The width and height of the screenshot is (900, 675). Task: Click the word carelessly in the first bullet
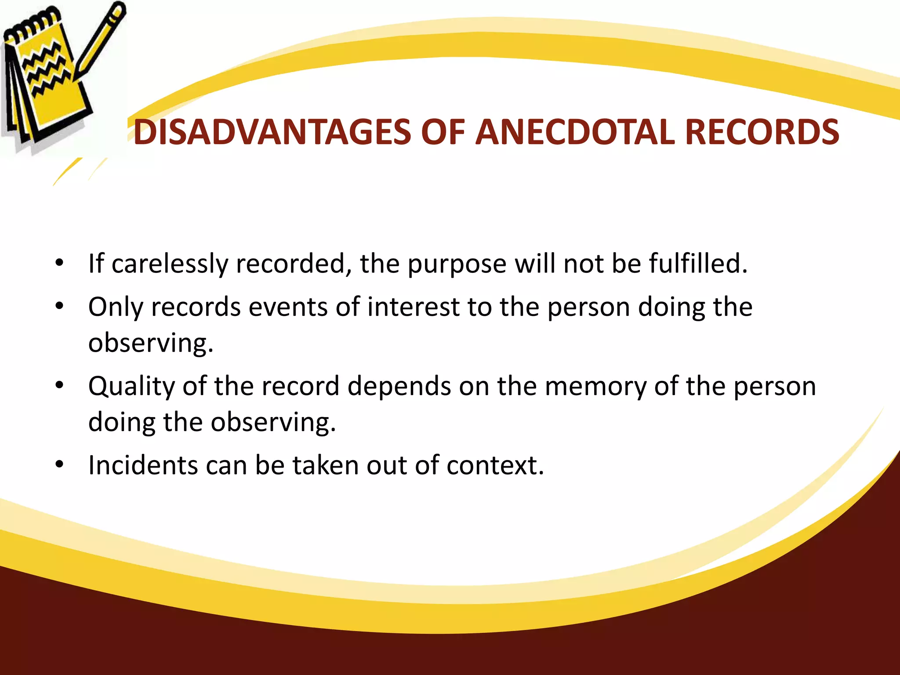(170, 264)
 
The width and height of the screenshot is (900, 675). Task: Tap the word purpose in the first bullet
(457, 265)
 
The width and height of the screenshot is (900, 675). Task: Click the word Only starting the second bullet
(116, 307)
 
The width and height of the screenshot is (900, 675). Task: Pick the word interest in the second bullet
(414, 307)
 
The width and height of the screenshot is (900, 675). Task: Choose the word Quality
(131, 387)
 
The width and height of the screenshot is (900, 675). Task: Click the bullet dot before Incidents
(60, 465)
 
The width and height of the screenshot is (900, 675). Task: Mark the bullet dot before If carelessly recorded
(60, 263)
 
